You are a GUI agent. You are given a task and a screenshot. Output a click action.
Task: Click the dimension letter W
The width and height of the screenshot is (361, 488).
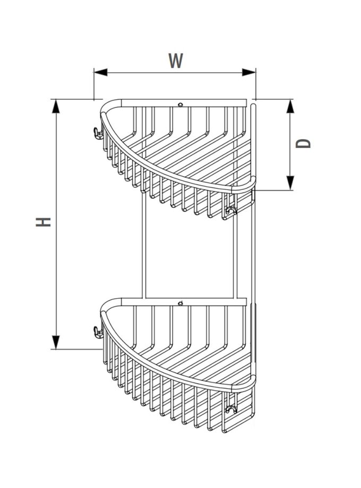(x=176, y=60)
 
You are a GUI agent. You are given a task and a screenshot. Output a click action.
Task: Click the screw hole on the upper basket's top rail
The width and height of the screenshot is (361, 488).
(x=180, y=104)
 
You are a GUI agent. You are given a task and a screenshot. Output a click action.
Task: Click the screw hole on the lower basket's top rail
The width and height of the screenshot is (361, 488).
(x=180, y=304)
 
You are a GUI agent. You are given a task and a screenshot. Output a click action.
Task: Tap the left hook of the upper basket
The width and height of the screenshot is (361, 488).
(x=96, y=133)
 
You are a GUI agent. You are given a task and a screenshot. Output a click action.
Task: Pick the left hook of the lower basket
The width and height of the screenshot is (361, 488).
(x=96, y=333)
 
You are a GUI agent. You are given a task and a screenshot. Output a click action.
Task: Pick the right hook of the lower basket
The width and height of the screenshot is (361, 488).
(x=230, y=409)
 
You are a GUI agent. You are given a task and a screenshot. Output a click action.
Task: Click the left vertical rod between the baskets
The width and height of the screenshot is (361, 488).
(x=142, y=249)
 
